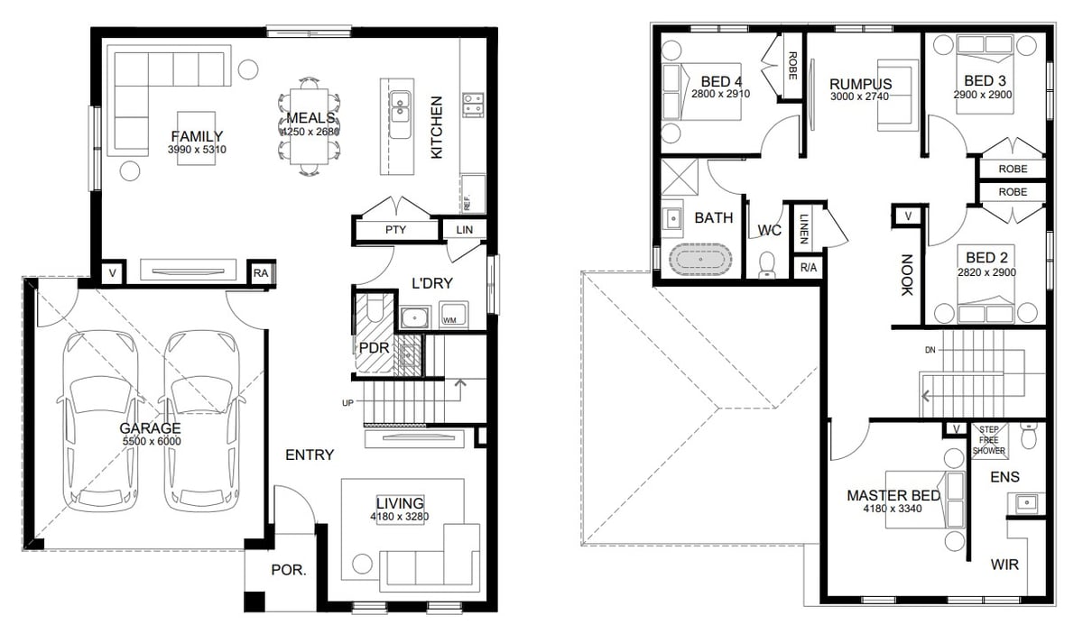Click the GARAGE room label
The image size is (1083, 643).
(150, 428)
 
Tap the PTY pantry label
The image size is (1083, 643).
(395, 230)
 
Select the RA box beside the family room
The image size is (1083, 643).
(261, 273)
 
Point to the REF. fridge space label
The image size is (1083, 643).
(467, 202)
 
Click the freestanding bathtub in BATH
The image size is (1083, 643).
(700, 260)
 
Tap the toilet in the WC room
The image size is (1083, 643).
(767, 265)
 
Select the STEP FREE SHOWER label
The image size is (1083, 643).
(989, 440)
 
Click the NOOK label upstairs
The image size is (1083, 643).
(907, 275)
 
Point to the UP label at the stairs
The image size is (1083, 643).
(347, 403)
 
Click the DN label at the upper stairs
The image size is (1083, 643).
(930, 350)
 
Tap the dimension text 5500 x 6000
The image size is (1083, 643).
(152, 441)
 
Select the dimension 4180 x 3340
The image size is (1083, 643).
(893, 509)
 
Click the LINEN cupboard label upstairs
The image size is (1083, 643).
(803, 228)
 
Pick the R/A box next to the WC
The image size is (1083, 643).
(809, 267)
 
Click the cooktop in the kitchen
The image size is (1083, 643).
(473, 105)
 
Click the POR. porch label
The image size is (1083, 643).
(289, 570)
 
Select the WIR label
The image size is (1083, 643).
(1004, 565)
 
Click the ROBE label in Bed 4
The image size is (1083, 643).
(792, 66)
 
